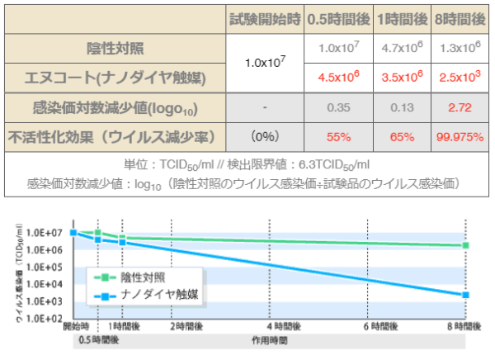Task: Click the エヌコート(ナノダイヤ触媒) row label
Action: (112, 78)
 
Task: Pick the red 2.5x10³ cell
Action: (457, 78)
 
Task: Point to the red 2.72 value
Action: (457, 107)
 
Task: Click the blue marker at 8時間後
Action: (466, 295)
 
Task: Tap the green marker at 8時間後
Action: (466, 245)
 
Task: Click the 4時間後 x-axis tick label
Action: (270, 327)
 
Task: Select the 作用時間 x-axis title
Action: (270, 339)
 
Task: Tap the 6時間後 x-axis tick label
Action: (369, 327)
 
